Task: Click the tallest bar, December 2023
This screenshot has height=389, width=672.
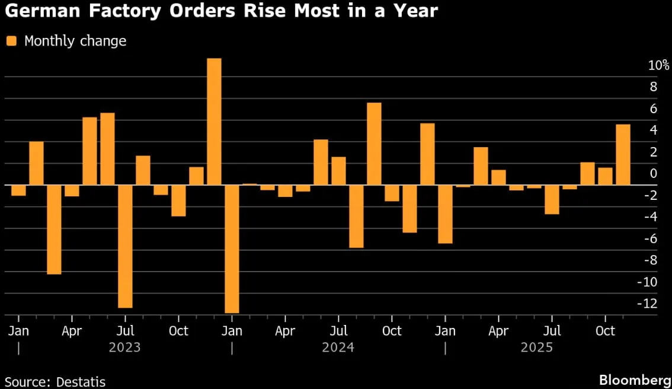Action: pyautogui.click(x=214, y=122)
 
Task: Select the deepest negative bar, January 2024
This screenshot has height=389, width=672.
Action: pyautogui.click(x=232, y=248)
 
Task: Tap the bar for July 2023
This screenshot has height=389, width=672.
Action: pyautogui.click(x=125, y=246)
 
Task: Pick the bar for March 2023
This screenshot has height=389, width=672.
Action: pyautogui.click(x=54, y=229)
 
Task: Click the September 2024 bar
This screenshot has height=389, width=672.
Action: pyautogui.click(x=374, y=144)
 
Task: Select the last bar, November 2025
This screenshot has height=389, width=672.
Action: pyautogui.click(x=623, y=154)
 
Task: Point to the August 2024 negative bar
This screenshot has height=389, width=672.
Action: pyautogui.click(x=356, y=216)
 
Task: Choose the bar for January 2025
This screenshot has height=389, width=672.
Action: pyautogui.click(x=445, y=214)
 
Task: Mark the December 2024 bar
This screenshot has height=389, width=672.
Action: pyautogui.click(x=427, y=154)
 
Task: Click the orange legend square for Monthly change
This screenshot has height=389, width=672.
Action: pyautogui.click(x=12, y=41)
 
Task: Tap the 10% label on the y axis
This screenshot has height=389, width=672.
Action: pyautogui.click(x=659, y=65)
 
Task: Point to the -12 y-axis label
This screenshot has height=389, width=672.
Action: pyautogui.click(x=647, y=303)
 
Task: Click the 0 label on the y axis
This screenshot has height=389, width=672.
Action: pyautogui.click(x=654, y=173)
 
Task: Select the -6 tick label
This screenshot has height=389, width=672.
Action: pyautogui.click(x=651, y=238)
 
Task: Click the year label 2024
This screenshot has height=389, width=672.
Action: pyautogui.click(x=338, y=347)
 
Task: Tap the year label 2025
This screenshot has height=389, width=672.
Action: pyautogui.click(x=536, y=347)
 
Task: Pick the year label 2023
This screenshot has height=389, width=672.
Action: pyautogui.click(x=124, y=347)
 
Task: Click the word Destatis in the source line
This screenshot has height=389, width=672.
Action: pyautogui.click(x=81, y=382)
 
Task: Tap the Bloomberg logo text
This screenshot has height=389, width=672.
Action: pyautogui.click(x=635, y=381)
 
